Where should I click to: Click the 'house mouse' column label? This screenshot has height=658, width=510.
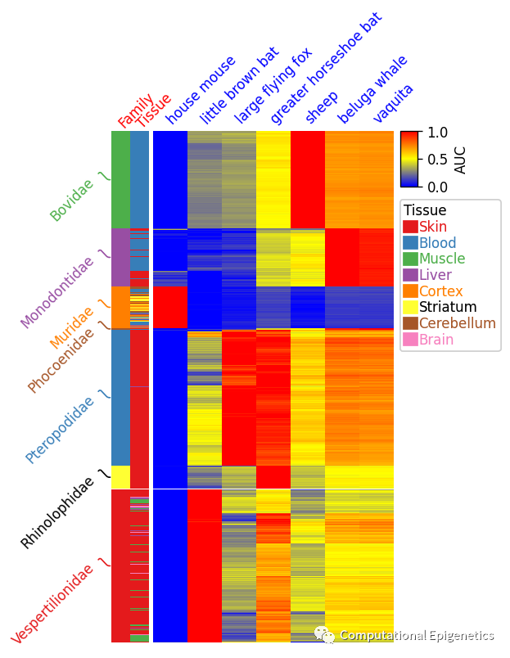(x=201, y=89)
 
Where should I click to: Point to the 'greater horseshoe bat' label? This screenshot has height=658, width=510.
(x=326, y=73)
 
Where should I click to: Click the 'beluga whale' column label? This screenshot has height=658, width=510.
(x=372, y=89)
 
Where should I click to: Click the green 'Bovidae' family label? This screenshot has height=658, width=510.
(x=72, y=201)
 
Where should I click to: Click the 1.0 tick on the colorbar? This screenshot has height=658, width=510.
(x=439, y=132)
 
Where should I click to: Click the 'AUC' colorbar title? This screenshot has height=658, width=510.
(x=461, y=160)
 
